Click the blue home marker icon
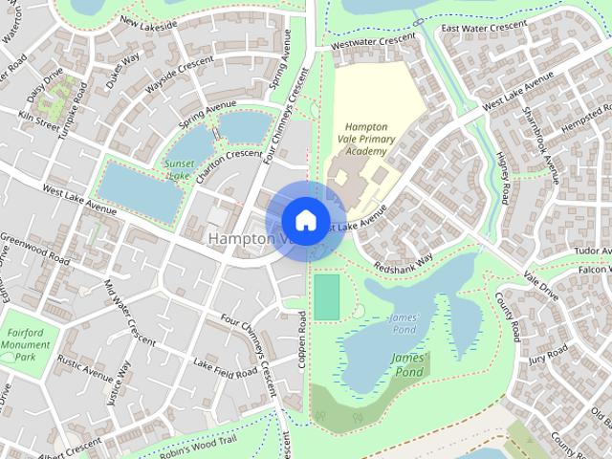coord(305,220)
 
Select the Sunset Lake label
coord(179,169)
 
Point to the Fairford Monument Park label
coord(26,344)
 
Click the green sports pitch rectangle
coord(326,296)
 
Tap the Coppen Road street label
coord(302,339)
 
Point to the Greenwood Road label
coord(35,249)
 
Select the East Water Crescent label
coord(484,28)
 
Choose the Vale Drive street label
coord(541,283)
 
